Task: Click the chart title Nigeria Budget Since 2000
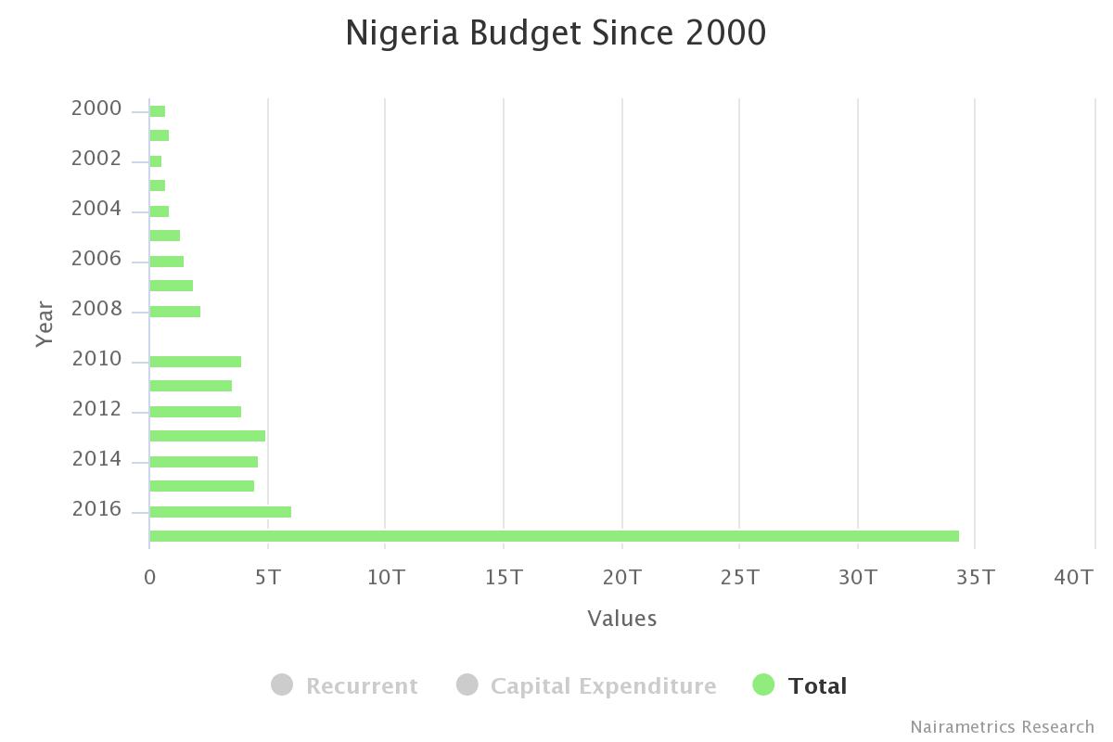(556, 33)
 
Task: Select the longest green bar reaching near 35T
(554, 536)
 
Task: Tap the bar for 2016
(221, 512)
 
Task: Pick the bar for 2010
(196, 362)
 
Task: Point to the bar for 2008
(175, 312)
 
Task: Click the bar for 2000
(158, 111)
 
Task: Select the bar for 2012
(196, 412)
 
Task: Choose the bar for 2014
(204, 462)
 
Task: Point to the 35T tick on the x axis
(976, 578)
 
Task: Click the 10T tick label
(386, 578)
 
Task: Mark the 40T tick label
(1074, 578)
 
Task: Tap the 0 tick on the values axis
(150, 578)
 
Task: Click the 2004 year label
(96, 210)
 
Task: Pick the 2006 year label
(96, 260)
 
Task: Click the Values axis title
(621, 619)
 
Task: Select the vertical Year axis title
(45, 324)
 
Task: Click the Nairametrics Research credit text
(1002, 727)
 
